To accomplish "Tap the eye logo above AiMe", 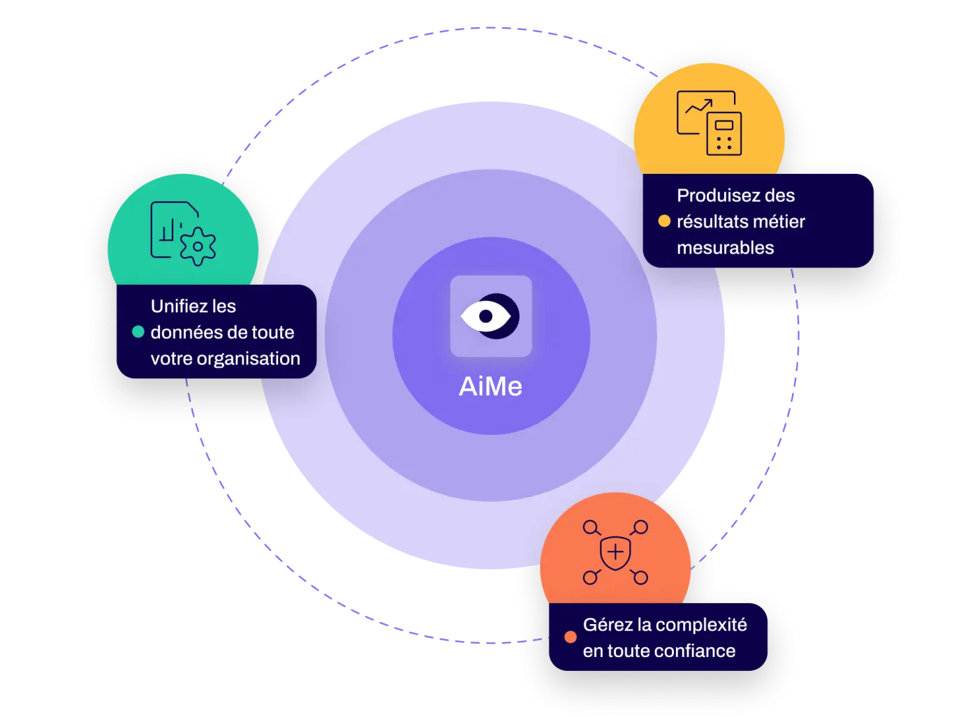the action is [x=490, y=316].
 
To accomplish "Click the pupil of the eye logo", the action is [x=485, y=316].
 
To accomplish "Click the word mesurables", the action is [x=726, y=248].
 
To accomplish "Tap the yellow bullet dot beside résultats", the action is [x=664, y=221].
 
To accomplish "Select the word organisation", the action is [x=248, y=359].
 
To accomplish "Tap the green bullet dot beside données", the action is [x=138, y=332].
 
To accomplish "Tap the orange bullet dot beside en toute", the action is [x=571, y=637].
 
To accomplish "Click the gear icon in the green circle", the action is [x=198, y=246].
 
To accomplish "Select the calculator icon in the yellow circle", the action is [x=724, y=134].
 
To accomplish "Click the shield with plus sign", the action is [x=615, y=553].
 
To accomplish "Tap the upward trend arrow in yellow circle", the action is [x=699, y=105].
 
